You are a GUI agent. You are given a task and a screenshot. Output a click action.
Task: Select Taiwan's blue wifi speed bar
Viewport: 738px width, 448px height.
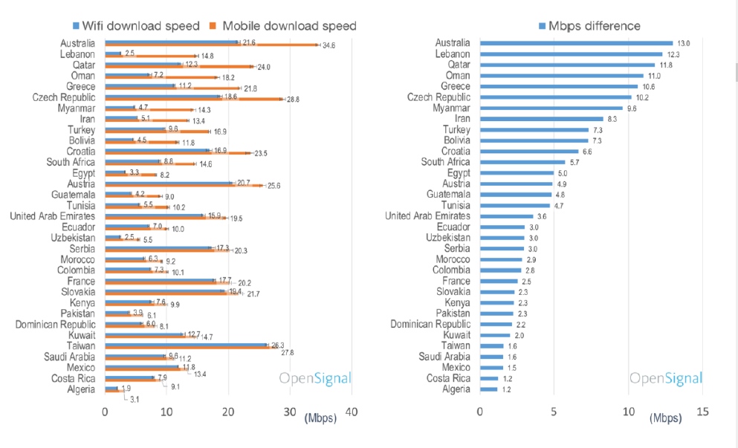(186, 345)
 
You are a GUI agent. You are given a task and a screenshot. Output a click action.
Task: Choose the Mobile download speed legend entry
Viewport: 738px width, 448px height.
(286, 26)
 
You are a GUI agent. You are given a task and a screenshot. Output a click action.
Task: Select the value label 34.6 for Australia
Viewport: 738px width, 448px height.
(328, 45)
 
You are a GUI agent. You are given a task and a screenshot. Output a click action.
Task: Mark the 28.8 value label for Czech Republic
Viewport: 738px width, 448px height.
(294, 99)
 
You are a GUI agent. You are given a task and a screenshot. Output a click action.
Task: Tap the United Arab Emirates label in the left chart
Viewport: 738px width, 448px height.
(52, 216)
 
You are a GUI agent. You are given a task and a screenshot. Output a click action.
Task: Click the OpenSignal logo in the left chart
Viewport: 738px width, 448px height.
(314, 379)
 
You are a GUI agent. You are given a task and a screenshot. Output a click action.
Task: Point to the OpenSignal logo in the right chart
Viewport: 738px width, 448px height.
(666, 379)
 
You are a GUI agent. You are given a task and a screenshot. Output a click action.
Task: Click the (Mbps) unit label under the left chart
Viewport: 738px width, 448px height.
(320, 418)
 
